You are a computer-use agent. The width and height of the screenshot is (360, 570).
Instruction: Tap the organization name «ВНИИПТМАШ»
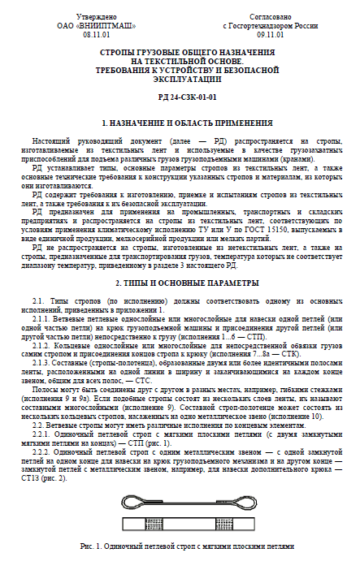click(97, 25)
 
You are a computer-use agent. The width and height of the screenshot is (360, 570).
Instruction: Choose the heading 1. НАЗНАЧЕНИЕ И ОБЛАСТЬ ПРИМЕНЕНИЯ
click(180, 123)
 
